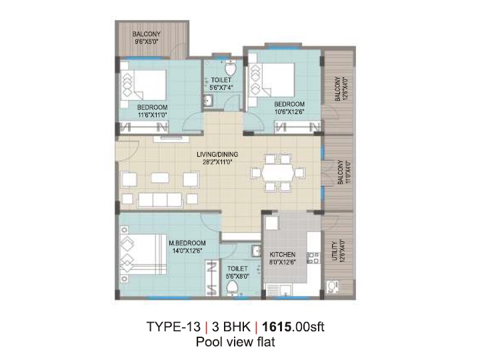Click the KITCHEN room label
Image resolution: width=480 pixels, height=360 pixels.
(x=282, y=255)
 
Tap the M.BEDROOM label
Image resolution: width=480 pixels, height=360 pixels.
(x=187, y=243)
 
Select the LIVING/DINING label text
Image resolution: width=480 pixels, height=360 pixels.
(x=217, y=154)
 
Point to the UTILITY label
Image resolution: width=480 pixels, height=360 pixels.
(x=334, y=251)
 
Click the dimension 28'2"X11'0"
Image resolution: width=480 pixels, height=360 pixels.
(x=217, y=162)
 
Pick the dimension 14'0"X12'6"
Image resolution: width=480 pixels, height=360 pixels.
(x=187, y=251)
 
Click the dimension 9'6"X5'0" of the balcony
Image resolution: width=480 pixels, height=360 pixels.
(x=146, y=41)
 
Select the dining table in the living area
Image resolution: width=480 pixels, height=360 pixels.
(x=278, y=173)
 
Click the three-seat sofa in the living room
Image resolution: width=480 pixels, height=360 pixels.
(x=160, y=199)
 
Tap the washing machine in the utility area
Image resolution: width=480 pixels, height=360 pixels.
(x=332, y=287)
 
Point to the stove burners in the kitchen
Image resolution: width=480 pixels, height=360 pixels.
(x=313, y=258)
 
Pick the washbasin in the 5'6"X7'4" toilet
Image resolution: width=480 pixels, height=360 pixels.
(x=209, y=100)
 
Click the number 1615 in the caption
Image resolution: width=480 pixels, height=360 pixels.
(x=277, y=327)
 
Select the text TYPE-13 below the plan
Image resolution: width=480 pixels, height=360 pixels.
(x=173, y=327)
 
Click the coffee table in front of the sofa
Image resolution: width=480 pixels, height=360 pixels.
(x=160, y=178)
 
